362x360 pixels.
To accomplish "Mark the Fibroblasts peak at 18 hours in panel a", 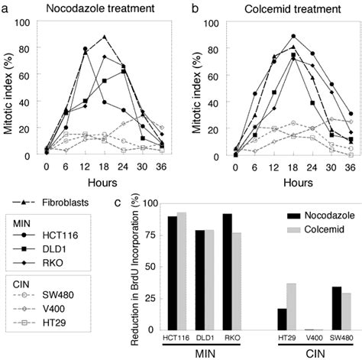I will (x=105, y=37).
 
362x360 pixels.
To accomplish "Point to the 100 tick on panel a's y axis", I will (x=27, y=21).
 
